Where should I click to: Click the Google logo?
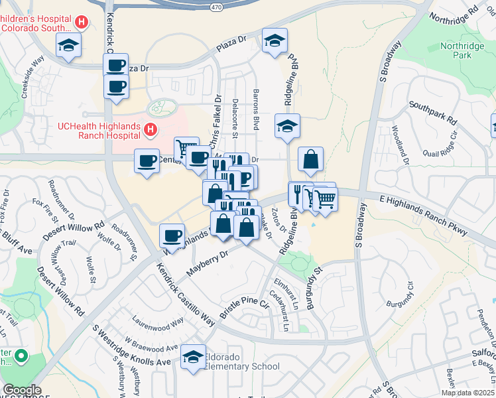pos(21,390)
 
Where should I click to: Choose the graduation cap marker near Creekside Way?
pos(67,46)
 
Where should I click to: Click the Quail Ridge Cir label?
pos(445,145)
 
